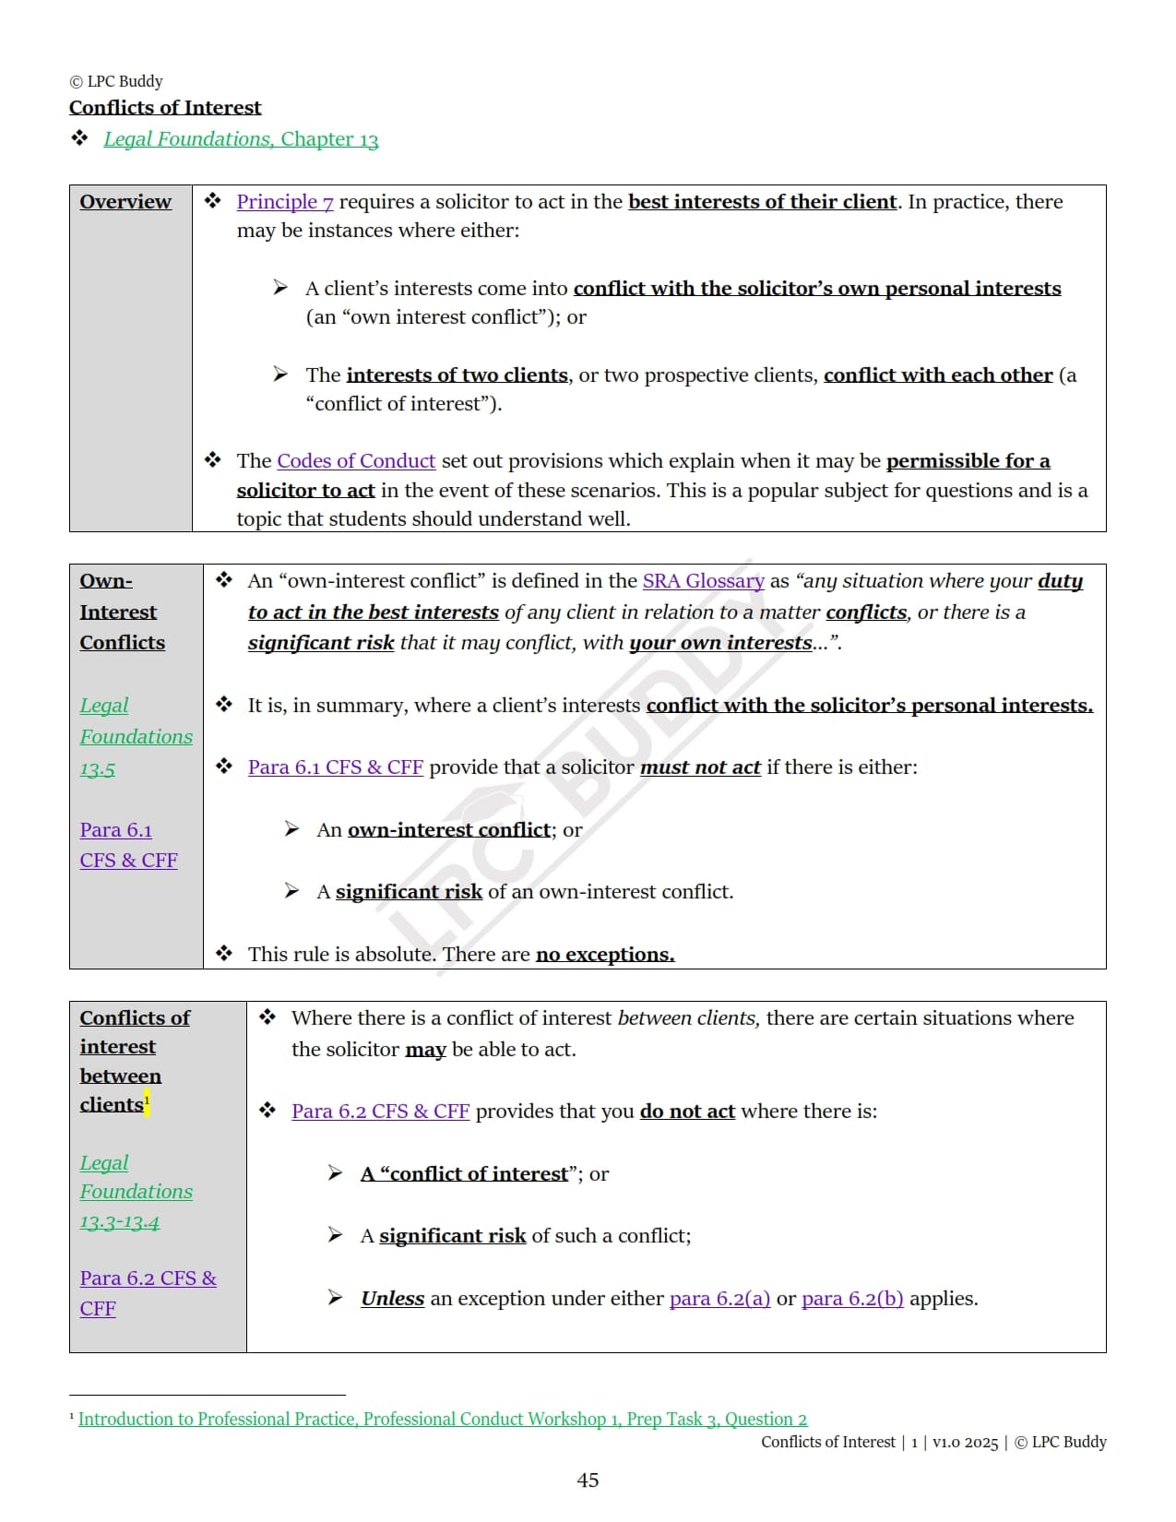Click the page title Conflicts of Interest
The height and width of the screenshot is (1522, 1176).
(165, 108)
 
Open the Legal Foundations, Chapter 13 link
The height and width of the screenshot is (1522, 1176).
(241, 139)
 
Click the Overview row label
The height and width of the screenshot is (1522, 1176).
(125, 202)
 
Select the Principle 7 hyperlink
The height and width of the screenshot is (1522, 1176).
(285, 202)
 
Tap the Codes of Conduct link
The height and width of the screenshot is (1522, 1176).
(356, 461)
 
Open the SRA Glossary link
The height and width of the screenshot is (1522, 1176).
(703, 581)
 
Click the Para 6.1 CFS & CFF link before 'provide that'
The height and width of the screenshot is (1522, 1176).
(335, 767)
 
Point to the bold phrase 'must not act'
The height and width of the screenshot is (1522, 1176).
(700, 767)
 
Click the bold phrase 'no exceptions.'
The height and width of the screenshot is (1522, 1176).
(605, 955)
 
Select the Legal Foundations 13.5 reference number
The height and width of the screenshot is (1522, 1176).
(98, 769)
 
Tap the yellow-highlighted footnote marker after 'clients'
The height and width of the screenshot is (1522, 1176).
(147, 1100)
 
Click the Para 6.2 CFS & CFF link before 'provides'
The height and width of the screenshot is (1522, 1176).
(380, 1112)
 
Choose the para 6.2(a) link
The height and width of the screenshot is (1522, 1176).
(719, 1299)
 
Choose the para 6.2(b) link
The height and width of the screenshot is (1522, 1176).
(852, 1299)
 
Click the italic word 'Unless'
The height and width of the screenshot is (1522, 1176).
(392, 1299)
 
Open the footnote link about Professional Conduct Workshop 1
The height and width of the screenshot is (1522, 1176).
(442, 1420)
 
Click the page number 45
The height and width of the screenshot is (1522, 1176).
(588, 1480)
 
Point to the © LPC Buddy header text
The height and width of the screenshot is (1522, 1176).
(116, 81)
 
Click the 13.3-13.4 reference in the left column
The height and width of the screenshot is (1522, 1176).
(119, 1223)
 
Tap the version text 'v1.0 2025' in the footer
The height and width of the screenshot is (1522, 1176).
(965, 1443)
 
